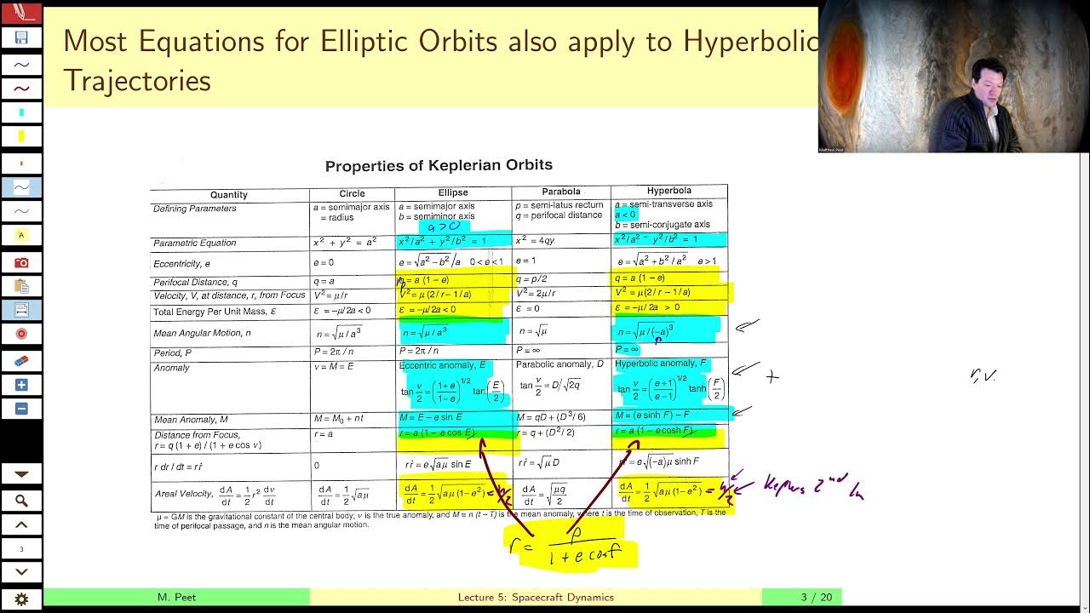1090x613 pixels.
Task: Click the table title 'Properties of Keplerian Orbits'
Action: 439,165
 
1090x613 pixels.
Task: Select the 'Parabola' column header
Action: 560,192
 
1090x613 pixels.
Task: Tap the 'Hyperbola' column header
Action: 668,191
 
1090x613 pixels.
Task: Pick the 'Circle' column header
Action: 352,193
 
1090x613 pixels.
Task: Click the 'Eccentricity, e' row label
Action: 181,264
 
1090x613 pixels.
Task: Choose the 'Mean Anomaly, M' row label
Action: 191,420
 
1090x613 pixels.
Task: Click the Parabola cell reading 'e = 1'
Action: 525,261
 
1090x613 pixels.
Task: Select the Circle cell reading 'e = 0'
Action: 324,262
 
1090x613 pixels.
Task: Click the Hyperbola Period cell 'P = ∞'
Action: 627,349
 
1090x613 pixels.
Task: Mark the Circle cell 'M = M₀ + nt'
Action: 339,418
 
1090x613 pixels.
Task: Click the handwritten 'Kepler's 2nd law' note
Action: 812,489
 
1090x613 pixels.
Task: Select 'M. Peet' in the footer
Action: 176,597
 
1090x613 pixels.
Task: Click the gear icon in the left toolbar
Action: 21,599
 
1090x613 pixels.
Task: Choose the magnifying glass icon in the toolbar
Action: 21,501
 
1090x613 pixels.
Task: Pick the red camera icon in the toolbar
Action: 21,262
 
